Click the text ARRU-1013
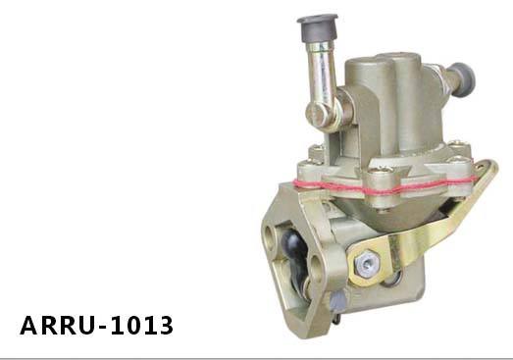pyautogui.click(x=95, y=324)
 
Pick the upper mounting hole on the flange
pyautogui.click(x=270, y=231)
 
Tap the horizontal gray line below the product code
pyautogui.click(x=256, y=345)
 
